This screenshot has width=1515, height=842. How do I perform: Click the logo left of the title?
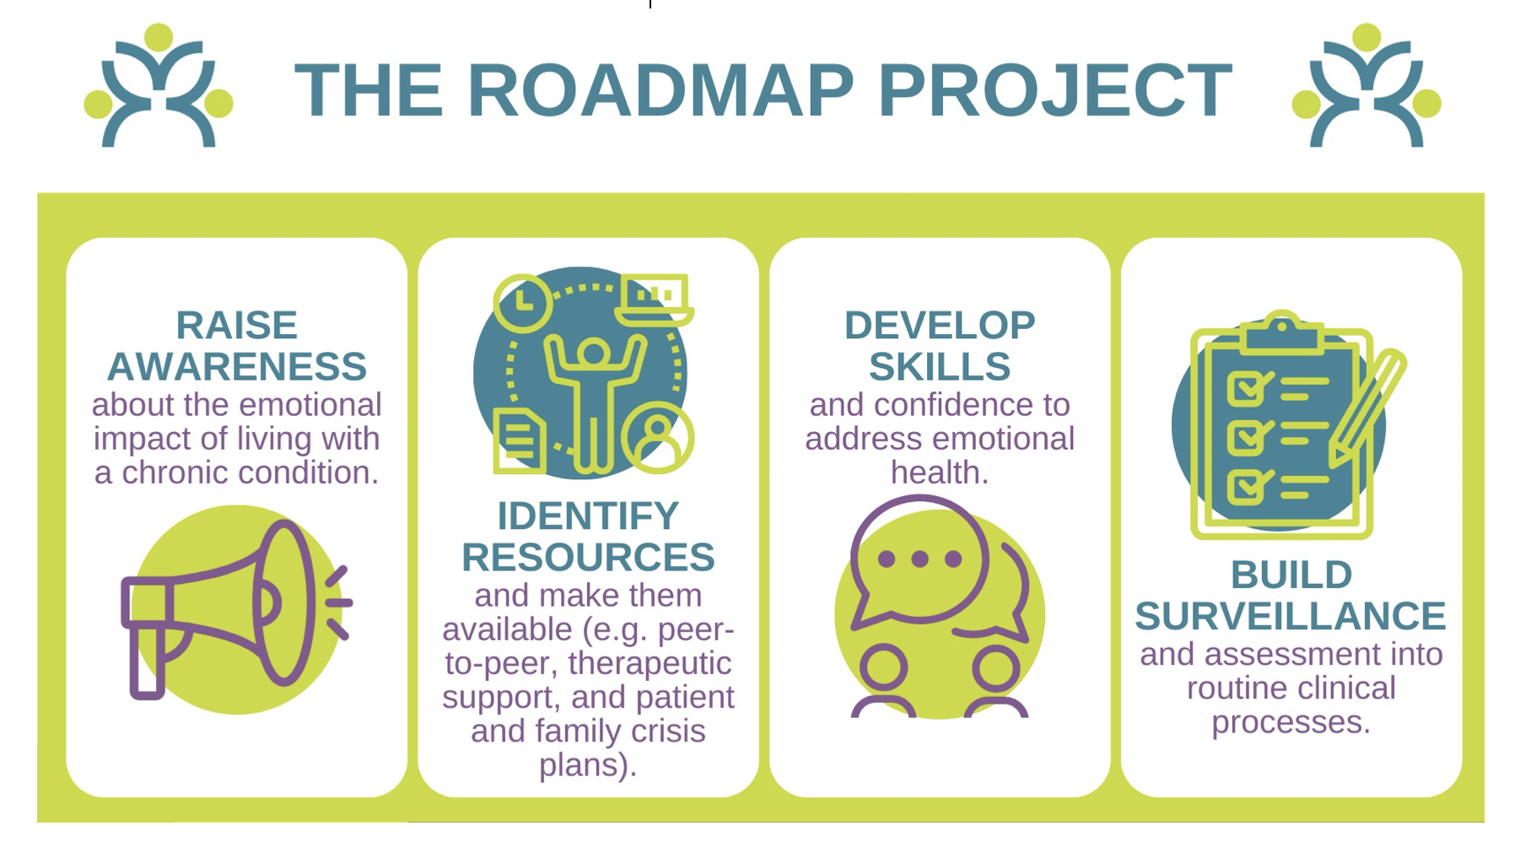159,86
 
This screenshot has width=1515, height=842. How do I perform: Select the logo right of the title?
1367,86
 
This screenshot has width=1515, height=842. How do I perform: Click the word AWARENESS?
237,366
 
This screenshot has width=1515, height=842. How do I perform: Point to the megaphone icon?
237,610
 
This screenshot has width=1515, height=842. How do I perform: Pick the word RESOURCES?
588,557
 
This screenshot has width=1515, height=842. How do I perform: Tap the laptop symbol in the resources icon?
655,300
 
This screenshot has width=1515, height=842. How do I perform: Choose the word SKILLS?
940,366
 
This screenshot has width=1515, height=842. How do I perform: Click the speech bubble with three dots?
919,561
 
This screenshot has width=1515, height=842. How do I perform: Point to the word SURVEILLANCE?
1291,616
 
